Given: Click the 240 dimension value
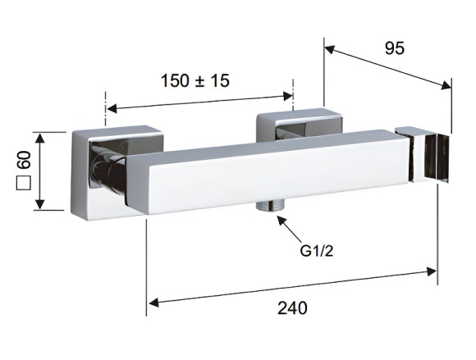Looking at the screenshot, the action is tap(292, 308).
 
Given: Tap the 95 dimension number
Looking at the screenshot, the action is tap(395, 48).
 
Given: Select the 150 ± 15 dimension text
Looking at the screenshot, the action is tap(195, 80).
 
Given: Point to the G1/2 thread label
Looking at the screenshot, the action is tap(317, 251).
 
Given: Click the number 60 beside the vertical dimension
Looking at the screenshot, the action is tap(25, 160).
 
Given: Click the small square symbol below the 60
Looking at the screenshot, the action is tap(24, 183).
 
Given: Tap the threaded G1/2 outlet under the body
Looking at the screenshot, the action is tap(269, 205).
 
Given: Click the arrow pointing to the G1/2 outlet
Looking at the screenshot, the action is tap(289, 228).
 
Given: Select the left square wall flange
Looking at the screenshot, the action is tap(117, 171).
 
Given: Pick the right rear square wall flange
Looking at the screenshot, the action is tap(299, 125).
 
